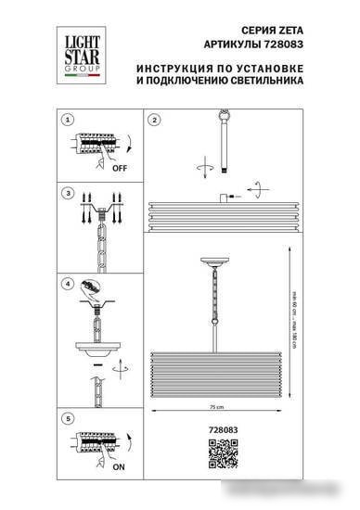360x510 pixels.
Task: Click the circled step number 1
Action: (x=67, y=121)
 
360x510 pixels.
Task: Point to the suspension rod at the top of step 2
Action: (x=223, y=139)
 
